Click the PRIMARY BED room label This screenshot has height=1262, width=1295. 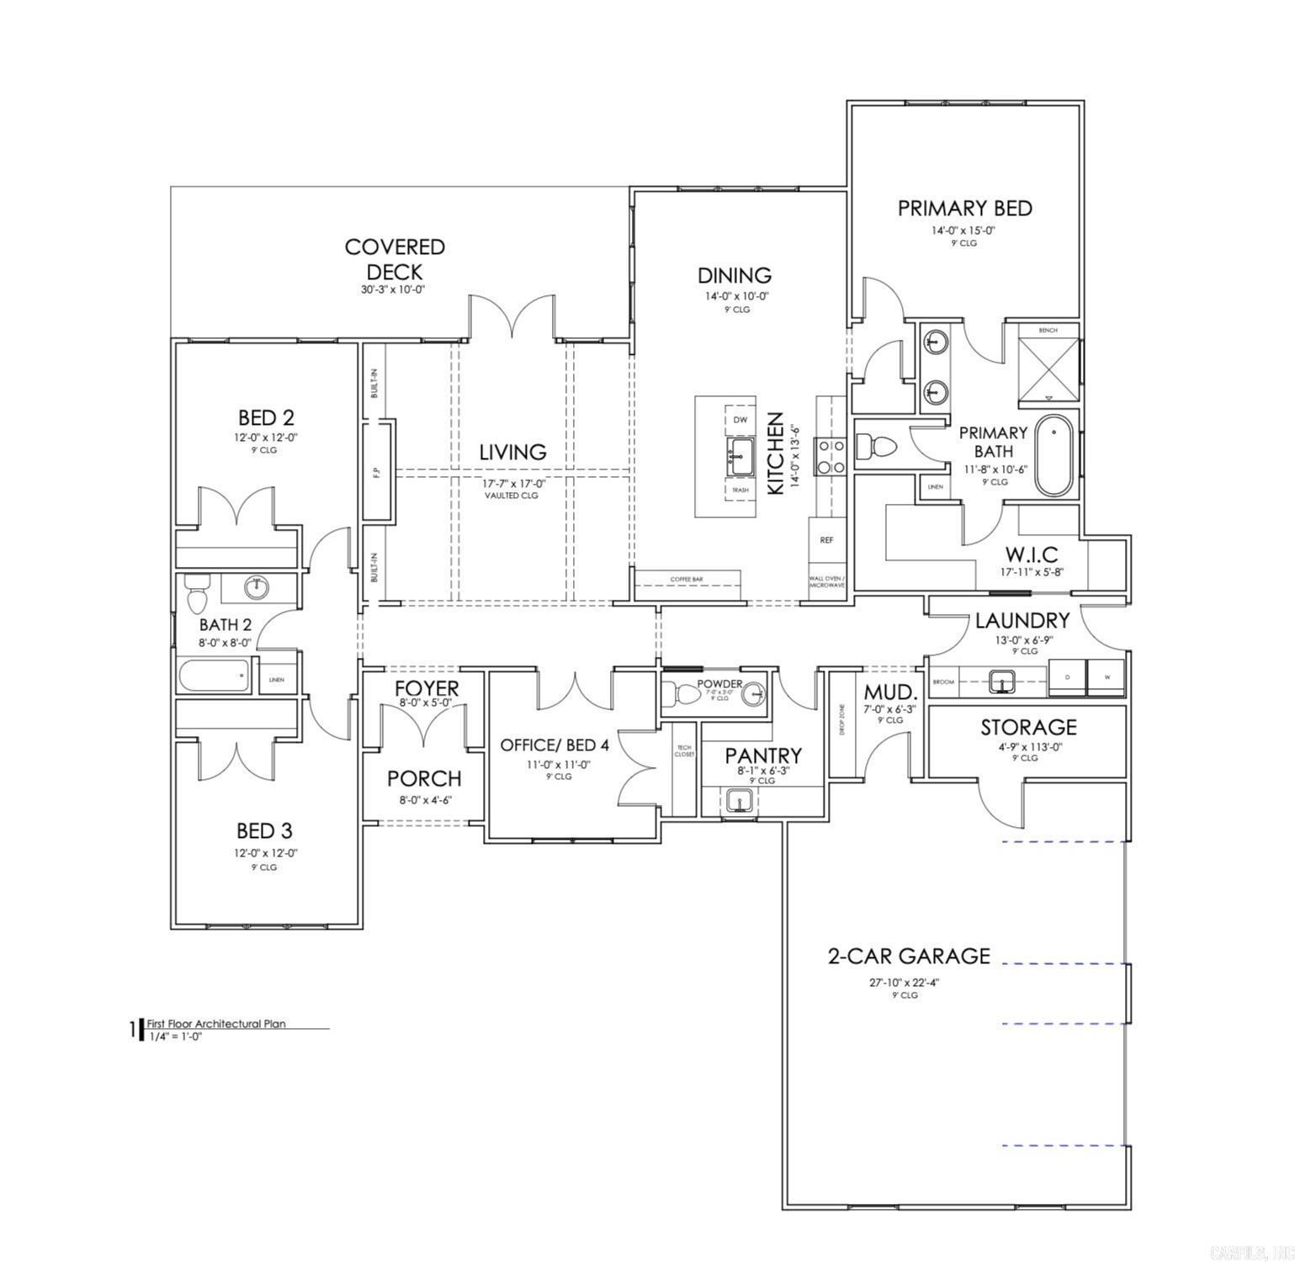point(964,208)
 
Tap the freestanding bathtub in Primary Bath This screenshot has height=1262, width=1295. point(1054,455)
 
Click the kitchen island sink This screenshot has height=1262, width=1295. point(740,455)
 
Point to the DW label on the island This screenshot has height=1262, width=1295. point(740,419)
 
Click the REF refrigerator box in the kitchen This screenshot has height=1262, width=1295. point(825,540)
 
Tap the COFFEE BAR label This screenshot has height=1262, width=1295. point(687,580)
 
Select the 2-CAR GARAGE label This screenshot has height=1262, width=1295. point(909,956)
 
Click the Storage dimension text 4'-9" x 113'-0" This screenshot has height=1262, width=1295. point(1026,745)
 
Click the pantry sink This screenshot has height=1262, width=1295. point(739,802)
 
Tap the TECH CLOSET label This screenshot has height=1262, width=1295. point(683,750)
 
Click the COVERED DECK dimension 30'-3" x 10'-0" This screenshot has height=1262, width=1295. point(394,289)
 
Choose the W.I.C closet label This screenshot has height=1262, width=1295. point(1032,554)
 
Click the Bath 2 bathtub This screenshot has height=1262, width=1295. point(215,675)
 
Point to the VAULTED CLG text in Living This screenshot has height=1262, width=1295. point(511,496)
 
